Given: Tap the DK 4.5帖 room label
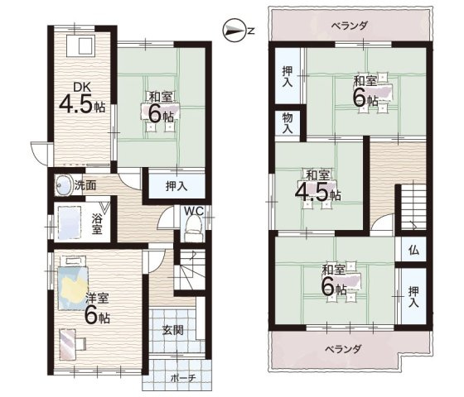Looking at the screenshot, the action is click(x=83, y=98).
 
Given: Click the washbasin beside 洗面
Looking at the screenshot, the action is click(x=64, y=185).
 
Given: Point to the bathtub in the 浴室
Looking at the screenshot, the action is click(x=70, y=222).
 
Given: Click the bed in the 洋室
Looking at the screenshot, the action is click(x=73, y=283).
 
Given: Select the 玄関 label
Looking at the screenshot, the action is click(x=173, y=330).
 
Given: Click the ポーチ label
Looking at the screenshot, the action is click(x=183, y=378).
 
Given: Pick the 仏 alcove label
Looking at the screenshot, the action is click(x=413, y=250).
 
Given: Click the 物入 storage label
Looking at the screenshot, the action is click(x=288, y=123).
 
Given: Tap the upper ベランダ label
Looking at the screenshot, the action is click(x=349, y=26).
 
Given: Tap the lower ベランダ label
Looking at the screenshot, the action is click(x=344, y=349).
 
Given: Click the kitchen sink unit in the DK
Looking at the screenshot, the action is click(x=80, y=45).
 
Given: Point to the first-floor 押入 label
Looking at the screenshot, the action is click(x=176, y=186).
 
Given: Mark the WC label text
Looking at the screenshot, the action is click(x=194, y=212).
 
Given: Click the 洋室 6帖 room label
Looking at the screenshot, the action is click(x=97, y=309).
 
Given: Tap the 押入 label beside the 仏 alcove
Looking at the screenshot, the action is click(x=413, y=297).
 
